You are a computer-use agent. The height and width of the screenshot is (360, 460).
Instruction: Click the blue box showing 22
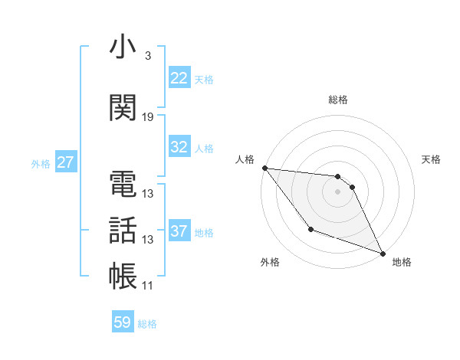[x=179, y=78]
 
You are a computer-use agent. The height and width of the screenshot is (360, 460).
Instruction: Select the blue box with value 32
[x=179, y=147]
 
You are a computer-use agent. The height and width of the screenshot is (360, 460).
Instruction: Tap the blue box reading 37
[x=179, y=231]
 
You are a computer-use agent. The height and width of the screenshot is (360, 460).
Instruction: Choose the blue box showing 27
[x=65, y=162]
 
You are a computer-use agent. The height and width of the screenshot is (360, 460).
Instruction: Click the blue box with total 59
[x=123, y=322]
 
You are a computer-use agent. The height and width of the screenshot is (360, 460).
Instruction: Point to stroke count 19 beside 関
[x=148, y=117]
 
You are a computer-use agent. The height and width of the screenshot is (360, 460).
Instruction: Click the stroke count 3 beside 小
[x=148, y=56]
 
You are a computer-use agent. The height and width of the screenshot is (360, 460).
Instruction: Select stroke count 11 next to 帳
[x=148, y=286]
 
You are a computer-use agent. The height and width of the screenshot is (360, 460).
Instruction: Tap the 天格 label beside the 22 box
[x=204, y=79]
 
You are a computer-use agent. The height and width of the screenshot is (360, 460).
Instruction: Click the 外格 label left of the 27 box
[x=41, y=163]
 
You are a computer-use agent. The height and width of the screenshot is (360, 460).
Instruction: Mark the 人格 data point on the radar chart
[x=264, y=168]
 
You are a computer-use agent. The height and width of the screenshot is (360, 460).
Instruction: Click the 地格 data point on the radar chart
[x=383, y=253]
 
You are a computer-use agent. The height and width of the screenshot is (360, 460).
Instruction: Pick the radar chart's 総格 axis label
[x=338, y=100]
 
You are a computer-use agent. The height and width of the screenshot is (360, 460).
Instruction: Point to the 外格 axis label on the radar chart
[x=270, y=262]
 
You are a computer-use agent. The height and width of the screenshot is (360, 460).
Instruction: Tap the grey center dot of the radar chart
[x=338, y=191]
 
